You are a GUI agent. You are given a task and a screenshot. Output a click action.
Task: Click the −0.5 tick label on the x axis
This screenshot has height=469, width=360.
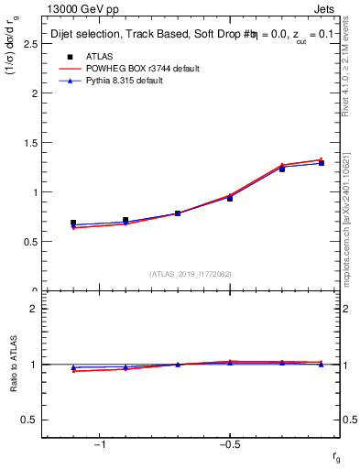click(x=228, y=445)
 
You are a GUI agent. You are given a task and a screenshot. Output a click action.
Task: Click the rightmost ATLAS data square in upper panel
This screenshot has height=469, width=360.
click(x=321, y=163)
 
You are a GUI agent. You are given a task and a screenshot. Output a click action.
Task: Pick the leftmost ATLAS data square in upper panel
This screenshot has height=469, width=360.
click(x=73, y=223)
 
